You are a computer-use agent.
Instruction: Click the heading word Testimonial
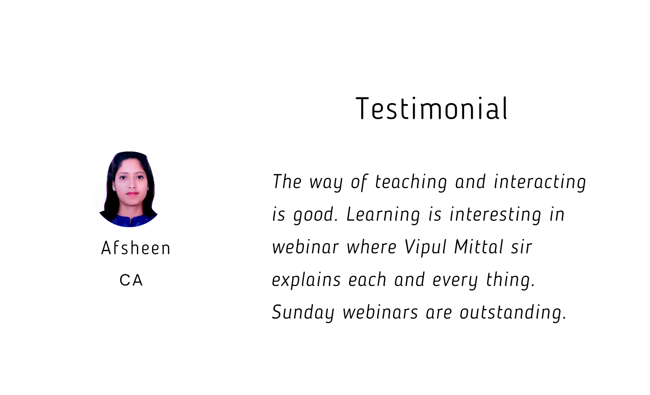tap(431, 108)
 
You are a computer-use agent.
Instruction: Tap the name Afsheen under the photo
tap(136, 248)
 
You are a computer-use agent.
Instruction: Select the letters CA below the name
tap(131, 280)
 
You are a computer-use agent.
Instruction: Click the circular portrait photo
tap(129, 189)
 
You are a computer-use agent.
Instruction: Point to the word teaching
tap(411, 182)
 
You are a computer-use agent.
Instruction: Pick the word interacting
tap(540, 182)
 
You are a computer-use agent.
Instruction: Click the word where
tap(372, 247)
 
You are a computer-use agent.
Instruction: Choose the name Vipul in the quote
tap(425, 248)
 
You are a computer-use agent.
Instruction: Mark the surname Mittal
tap(479, 247)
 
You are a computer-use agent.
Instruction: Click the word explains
tap(306, 280)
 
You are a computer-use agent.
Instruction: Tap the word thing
tap(510, 280)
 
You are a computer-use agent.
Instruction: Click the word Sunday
tap(303, 313)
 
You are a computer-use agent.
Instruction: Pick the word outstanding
tap(513, 313)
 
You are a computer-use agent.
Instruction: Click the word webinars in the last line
tap(380, 312)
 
